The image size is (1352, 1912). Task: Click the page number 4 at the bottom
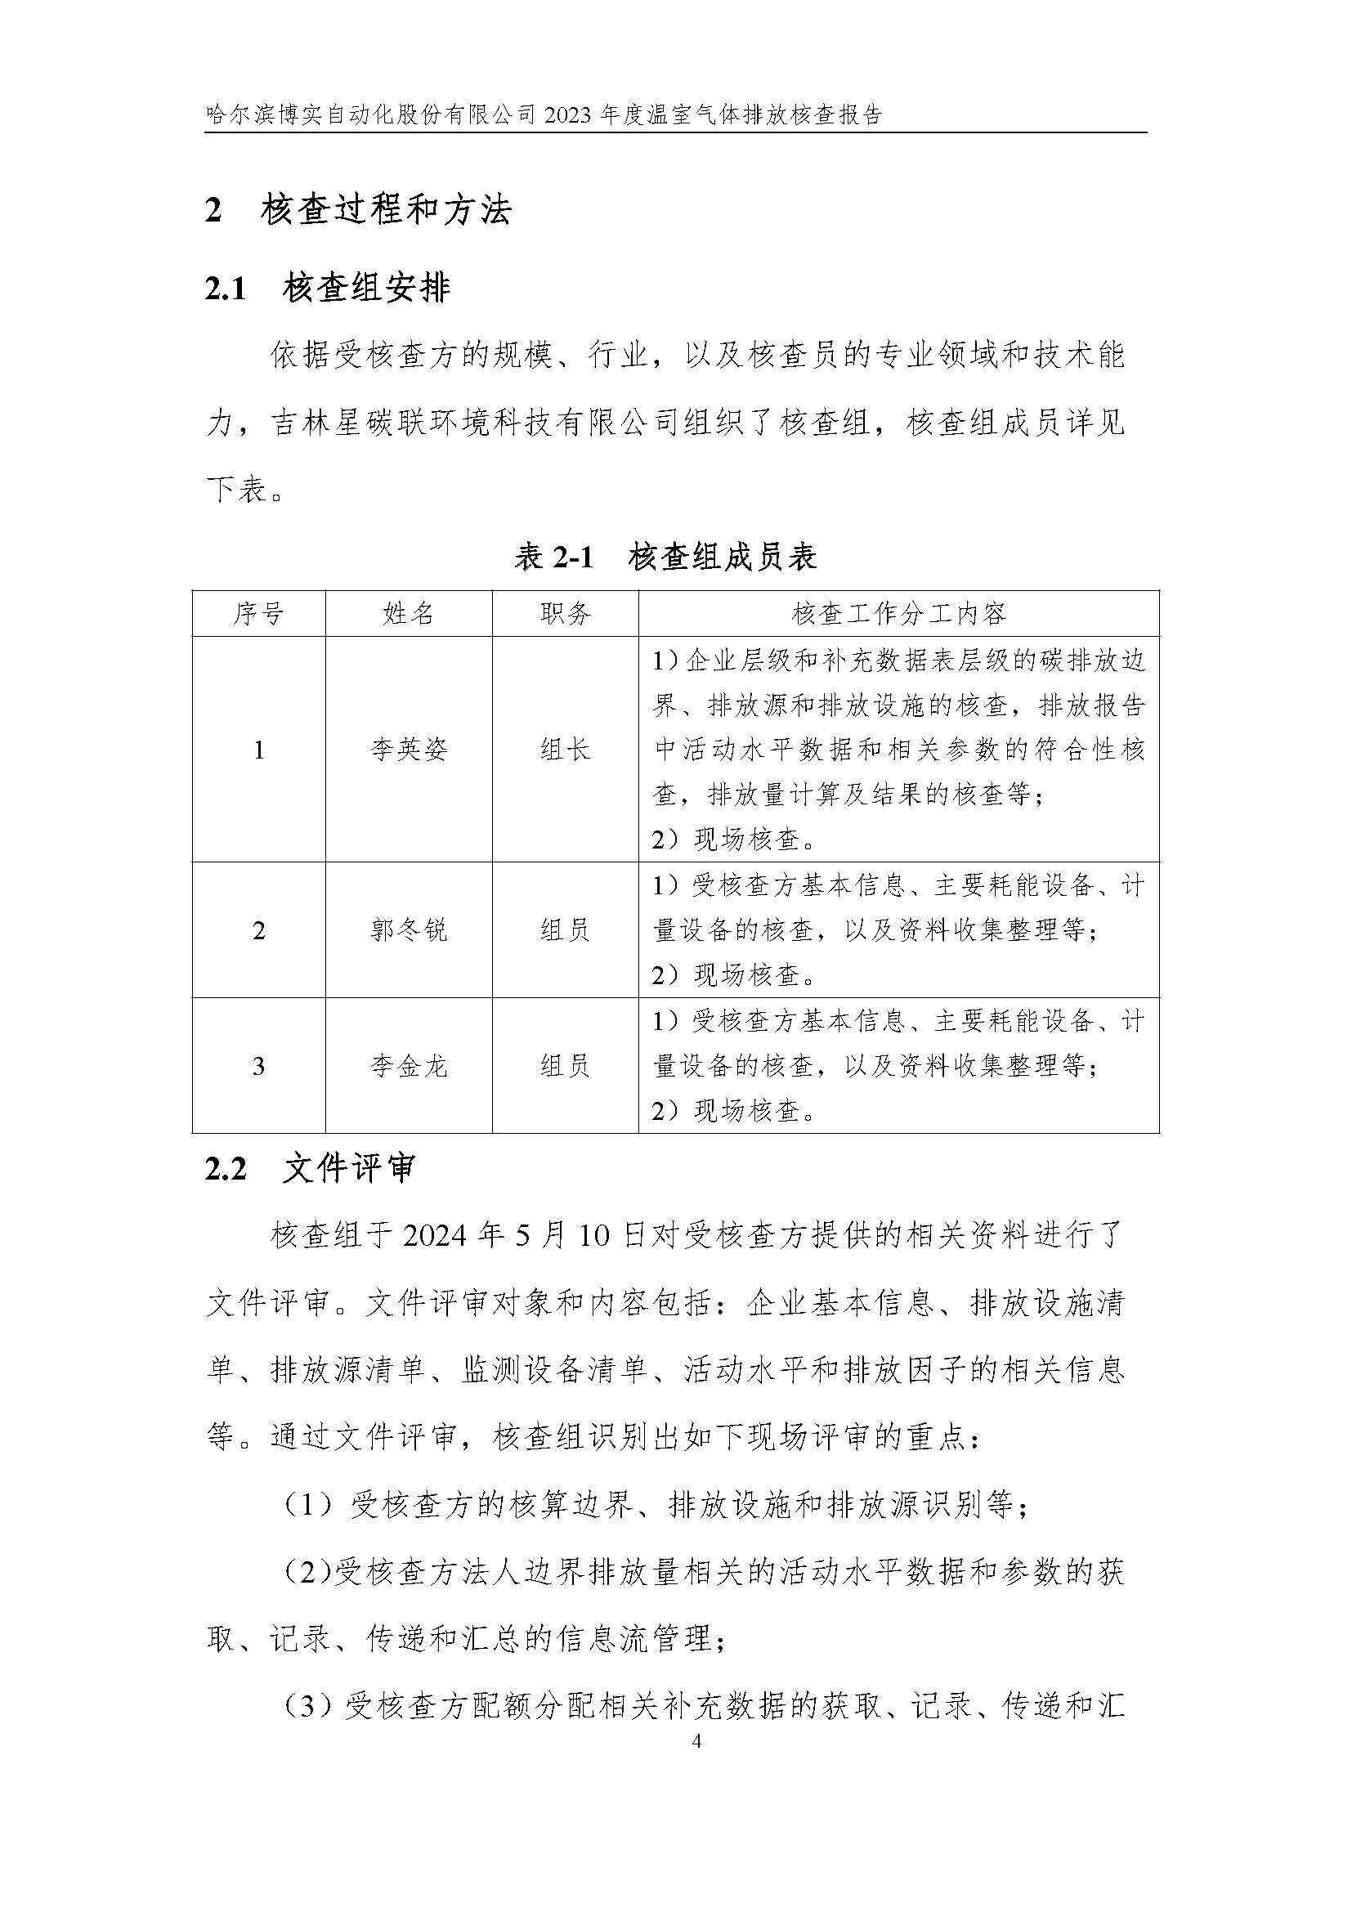pos(696,1741)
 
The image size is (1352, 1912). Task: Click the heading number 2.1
pos(225,289)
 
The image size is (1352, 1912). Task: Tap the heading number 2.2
pos(225,1169)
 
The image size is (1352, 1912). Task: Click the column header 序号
pos(258,614)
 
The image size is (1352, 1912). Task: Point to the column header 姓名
pos(408,614)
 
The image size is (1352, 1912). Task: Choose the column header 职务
pos(566,614)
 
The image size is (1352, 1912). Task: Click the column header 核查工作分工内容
pos(898,614)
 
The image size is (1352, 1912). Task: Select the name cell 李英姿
pos(408,750)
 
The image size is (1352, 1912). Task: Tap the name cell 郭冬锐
pos(408,929)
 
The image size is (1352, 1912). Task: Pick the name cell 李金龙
pos(408,1065)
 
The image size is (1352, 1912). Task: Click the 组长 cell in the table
pos(566,750)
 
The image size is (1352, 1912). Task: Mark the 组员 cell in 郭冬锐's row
pos(566,929)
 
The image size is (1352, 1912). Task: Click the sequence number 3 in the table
pos(258,1065)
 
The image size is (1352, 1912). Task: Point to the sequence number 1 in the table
pos(258,750)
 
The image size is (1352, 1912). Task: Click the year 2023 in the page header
pos(569,114)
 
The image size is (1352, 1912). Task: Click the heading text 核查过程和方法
pos(386,211)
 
